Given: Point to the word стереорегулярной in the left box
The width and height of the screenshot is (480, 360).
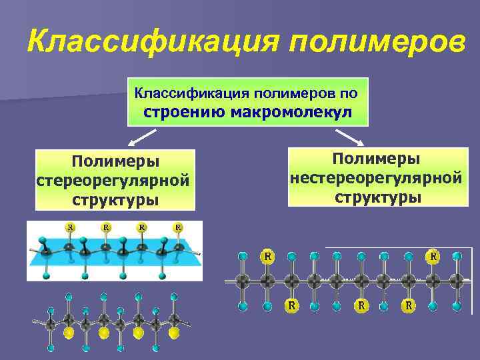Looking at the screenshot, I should pyautogui.click(x=113, y=181).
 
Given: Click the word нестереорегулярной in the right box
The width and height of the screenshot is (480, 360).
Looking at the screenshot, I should pyautogui.click(x=377, y=178).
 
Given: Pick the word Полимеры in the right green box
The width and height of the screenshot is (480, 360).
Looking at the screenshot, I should pyautogui.click(x=377, y=159).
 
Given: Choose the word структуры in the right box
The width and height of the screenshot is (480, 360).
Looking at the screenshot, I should pyautogui.click(x=377, y=197).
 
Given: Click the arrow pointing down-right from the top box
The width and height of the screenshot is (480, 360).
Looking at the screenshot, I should pyautogui.click(x=349, y=137).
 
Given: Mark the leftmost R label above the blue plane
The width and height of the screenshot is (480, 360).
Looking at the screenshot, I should pyautogui.click(x=69, y=227).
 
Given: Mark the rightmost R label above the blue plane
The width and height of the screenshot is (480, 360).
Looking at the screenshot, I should pyautogui.click(x=178, y=227).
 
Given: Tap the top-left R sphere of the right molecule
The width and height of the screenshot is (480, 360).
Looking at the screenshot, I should pyautogui.click(x=267, y=256).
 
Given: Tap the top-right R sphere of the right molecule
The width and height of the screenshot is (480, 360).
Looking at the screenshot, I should pyautogui.click(x=433, y=256).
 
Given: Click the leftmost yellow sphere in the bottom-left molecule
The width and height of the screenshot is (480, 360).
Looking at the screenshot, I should pyautogui.click(x=68, y=331).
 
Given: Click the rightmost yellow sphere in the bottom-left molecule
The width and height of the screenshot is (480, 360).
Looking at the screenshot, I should pyautogui.click(x=174, y=331).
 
